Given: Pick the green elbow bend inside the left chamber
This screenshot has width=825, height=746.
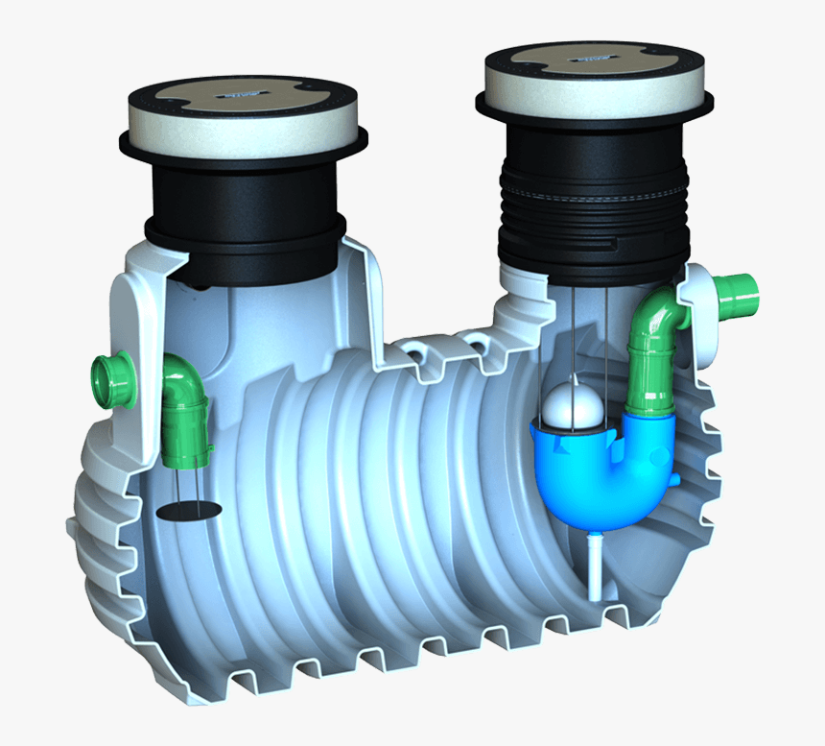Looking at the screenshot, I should click(183, 378).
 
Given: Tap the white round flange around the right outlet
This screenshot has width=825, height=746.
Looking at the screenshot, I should click(699, 288).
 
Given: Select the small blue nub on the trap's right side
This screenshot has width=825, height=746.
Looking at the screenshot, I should click(677, 477).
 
